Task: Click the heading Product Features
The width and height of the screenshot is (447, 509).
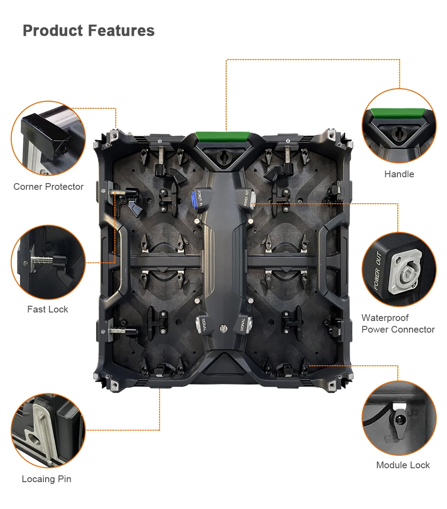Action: [x=89, y=30]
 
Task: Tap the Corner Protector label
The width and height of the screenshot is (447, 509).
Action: [x=48, y=187]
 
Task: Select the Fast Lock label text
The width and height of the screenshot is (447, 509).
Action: [x=48, y=309]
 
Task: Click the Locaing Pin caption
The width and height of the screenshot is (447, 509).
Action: [x=46, y=479]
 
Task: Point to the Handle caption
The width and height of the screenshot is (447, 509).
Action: [x=399, y=174]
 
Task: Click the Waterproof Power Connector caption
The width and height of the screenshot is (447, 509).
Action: [x=398, y=324]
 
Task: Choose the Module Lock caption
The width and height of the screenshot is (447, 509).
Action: [x=403, y=465]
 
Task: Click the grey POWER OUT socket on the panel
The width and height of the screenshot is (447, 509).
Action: [x=251, y=197]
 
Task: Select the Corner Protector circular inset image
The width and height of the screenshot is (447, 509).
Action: [x=48, y=138]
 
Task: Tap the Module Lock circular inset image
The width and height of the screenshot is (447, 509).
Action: [x=399, y=418]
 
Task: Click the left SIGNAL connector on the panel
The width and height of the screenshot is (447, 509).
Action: [x=200, y=324]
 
